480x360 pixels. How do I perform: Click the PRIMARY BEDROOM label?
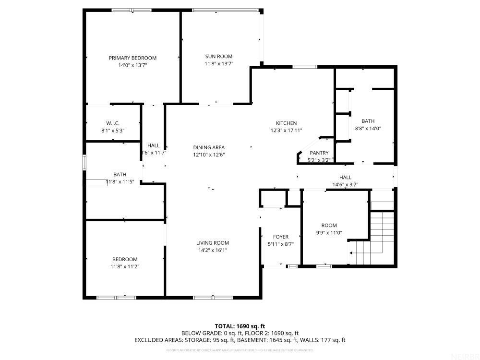(x=132, y=58)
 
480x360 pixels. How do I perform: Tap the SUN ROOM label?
(x=219, y=57)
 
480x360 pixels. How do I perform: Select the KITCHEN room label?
(x=286, y=123)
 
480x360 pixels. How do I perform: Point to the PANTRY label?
(x=319, y=153)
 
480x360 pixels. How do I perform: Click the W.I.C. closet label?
(x=113, y=123)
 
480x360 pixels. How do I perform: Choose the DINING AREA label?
(x=209, y=148)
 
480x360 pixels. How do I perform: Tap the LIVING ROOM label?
(x=212, y=243)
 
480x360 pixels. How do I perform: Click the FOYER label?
(x=281, y=237)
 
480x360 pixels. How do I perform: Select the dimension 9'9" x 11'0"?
(x=329, y=232)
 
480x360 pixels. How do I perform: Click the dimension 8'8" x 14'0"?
(x=368, y=128)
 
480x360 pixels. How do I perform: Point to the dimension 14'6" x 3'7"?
(x=345, y=184)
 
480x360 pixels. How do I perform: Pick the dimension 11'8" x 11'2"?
(x=125, y=266)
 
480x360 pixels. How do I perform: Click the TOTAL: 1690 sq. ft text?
(x=240, y=326)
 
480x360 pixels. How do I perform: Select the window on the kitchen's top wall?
(x=305, y=67)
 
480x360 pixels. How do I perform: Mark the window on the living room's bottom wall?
(x=213, y=297)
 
